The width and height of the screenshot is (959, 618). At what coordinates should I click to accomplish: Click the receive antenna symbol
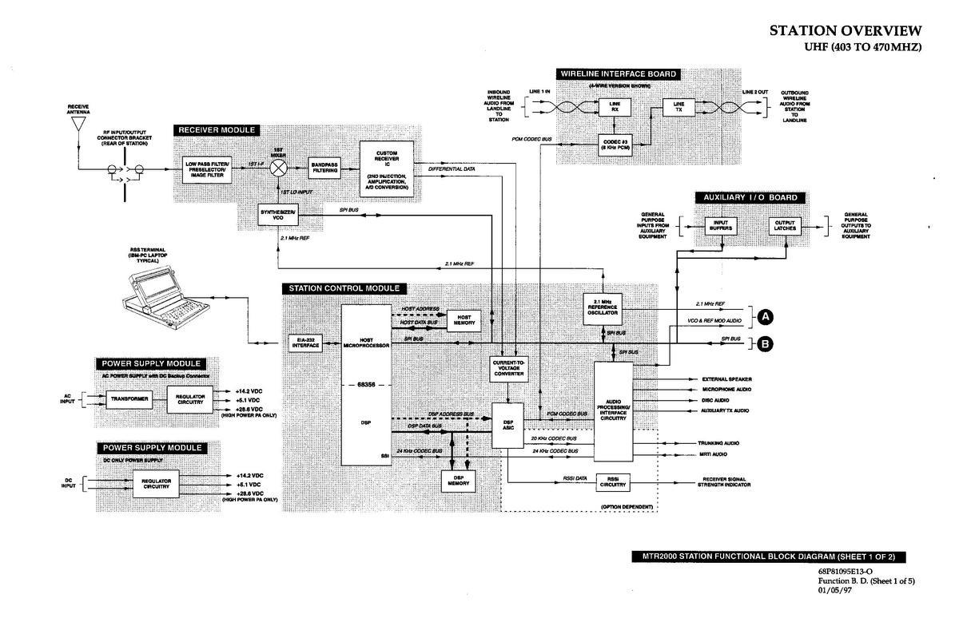pyautogui.click(x=78, y=131)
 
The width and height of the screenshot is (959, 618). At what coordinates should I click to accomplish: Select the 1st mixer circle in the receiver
pyautogui.click(x=279, y=168)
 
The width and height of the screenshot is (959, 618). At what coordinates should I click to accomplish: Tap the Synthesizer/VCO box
pyautogui.click(x=277, y=214)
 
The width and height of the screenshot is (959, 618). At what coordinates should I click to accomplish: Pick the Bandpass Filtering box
pyautogui.click(x=324, y=168)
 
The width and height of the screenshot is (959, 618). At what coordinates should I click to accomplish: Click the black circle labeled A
pyautogui.click(x=765, y=317)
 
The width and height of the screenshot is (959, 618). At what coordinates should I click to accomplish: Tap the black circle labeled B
pyautogui.click(x=765, y=345)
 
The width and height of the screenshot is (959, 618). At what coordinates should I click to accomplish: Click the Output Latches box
pyautogui.click(x=783, y=226)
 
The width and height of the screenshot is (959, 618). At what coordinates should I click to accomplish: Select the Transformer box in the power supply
pyautogui.click(x=129, y=399)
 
